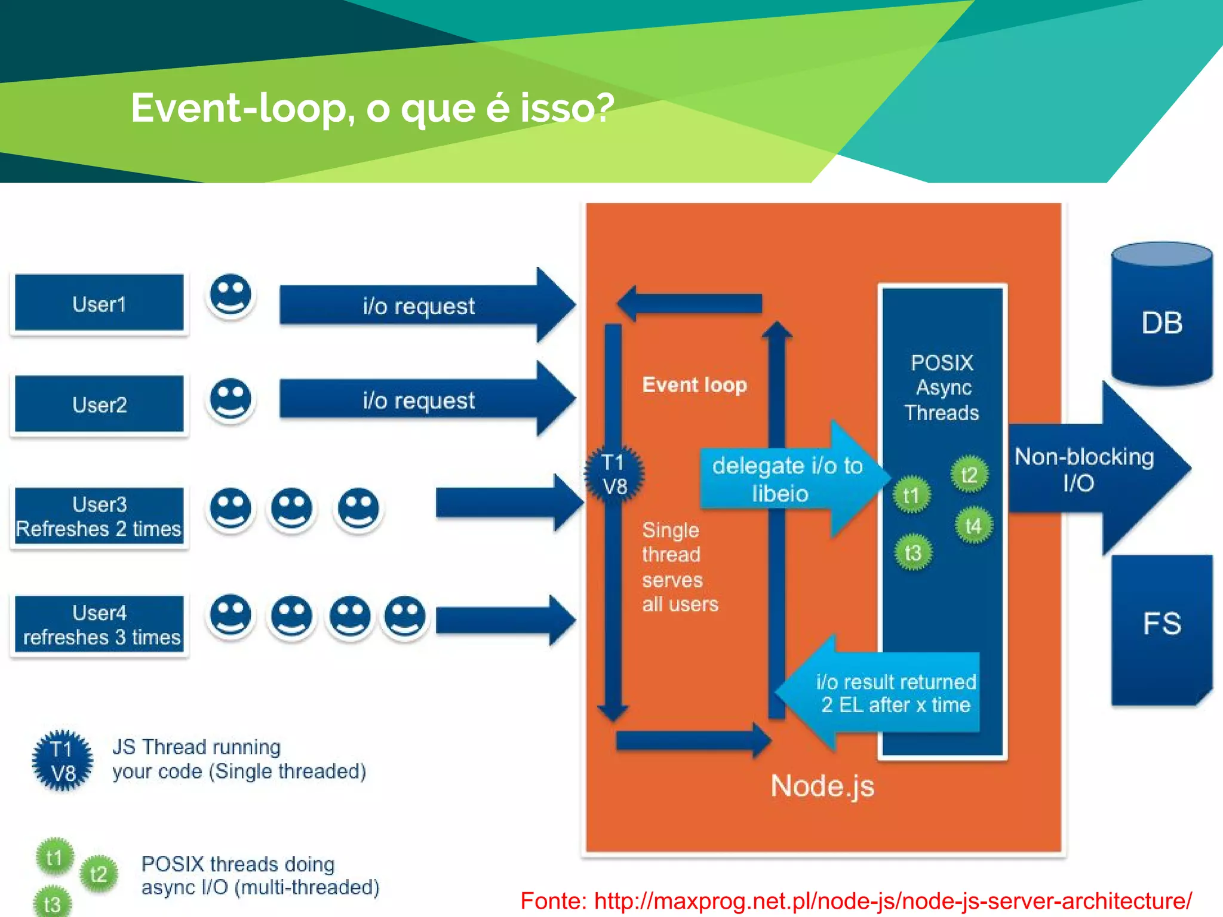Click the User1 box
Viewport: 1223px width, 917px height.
click(x=99, y=303)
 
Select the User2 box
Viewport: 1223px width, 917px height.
click(x=99, y=404)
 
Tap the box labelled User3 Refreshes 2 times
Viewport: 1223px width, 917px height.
click(x=99, y=516)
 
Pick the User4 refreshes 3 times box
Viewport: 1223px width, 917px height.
click(x=99, y=624)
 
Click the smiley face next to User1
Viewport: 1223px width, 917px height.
click(x=231, y=295)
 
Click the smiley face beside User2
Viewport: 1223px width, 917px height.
click(x=231, y=399)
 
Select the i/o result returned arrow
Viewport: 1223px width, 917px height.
click(x=884, y=693)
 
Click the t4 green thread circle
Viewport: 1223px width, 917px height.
click(x=973, y=526)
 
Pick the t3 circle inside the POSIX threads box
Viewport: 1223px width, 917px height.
click(x=912, y=553)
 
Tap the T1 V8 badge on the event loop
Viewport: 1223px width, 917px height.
click(x=614, y=474)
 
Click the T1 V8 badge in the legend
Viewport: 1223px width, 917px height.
click(x=63, y=761)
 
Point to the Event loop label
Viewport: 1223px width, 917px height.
click(x=694, y=385)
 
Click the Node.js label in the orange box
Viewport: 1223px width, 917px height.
click(x=822, y=786)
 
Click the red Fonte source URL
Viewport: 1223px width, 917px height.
click(x=855, y=900)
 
